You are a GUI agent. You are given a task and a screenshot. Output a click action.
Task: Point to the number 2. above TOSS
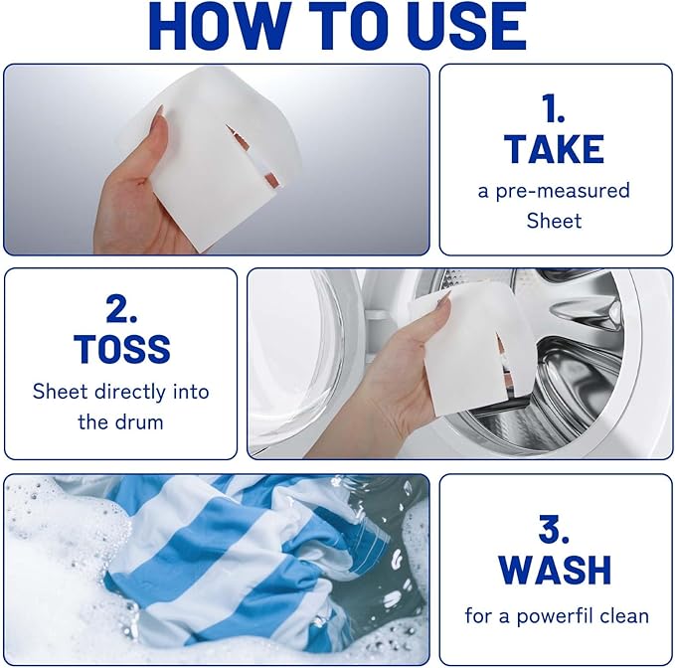click(x=121, y=309)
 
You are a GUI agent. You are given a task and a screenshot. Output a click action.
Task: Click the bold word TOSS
click(x=121, y=350)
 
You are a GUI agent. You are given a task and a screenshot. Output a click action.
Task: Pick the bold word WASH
click(x=554, y=570)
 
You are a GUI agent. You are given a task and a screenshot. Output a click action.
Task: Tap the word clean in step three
click(x=623, y=616)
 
